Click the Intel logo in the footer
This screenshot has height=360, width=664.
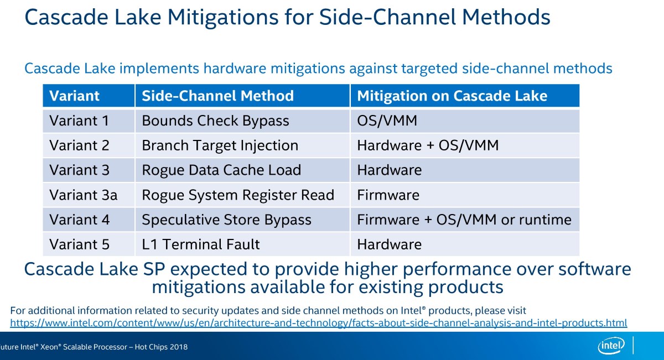[611, 347]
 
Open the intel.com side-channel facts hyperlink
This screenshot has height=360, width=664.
[318, 322]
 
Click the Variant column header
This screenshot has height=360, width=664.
[74, 96]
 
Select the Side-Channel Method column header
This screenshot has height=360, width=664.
[217, 96]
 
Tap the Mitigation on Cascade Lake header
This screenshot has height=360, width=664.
[452, 96]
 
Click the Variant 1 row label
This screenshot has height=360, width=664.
[79, 121]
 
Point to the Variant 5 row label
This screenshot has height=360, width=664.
[79, 244]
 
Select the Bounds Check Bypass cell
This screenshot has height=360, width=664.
[215, 121]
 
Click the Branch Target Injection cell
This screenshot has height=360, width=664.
[220, 145]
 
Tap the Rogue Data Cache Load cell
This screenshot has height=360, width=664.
[221, 170]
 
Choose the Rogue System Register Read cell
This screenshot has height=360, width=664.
[238, 195]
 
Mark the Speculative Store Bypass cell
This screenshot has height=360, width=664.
[226, 220]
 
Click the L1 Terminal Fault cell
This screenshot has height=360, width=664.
[200, 244]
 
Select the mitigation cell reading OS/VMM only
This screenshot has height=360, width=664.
[387, 121]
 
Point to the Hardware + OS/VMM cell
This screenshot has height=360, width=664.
[428, 145]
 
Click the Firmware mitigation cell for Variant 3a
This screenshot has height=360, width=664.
[388, 195]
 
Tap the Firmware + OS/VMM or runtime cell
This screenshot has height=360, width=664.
[464, 220]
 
